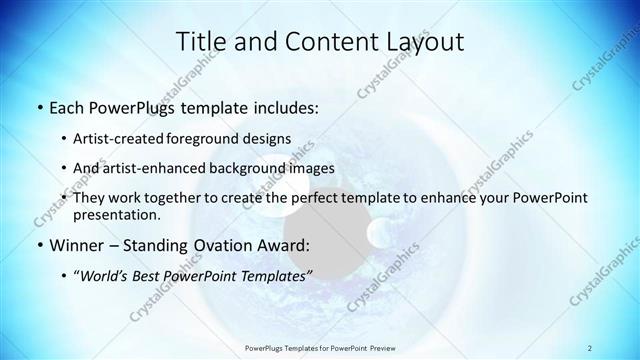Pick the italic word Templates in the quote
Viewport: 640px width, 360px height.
click(276, 275)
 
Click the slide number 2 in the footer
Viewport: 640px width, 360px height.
click(590, 348)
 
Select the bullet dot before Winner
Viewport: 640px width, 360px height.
click(38, 245)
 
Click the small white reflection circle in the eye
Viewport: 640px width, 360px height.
click(380, 234)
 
